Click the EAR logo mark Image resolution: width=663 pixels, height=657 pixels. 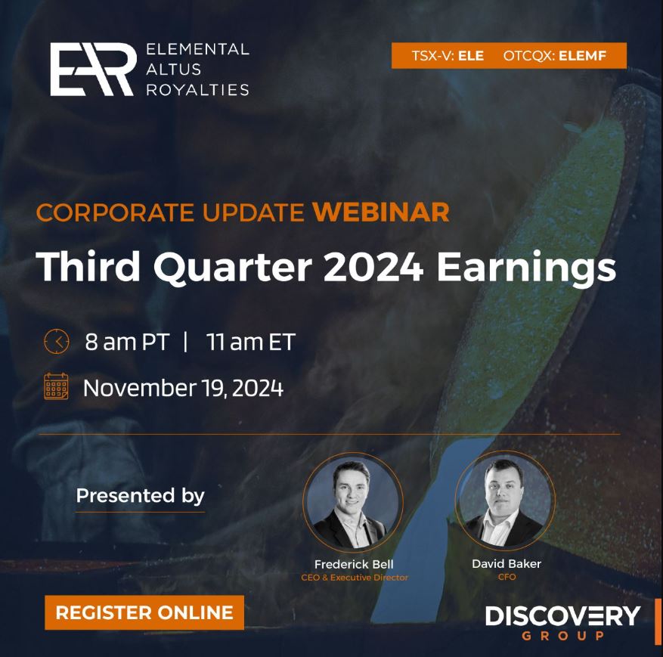[94, 70]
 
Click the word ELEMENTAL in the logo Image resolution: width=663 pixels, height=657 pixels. [197, 49]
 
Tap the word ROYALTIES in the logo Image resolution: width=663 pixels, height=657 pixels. [197, 90]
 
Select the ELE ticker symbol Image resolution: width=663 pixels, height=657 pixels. [471, 55]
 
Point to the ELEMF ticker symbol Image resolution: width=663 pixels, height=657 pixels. [582, 55]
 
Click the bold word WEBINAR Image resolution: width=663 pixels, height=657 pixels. [380, 212]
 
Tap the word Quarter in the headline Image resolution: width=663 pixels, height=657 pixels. [233, 268]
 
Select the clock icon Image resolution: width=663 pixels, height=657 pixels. [56, 341]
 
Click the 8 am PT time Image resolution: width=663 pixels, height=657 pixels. [127, 342]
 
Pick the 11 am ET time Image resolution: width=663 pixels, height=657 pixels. [251, 342]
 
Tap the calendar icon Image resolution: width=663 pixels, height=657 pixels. [56, 386]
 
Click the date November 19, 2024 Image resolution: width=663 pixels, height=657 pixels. [183, 388]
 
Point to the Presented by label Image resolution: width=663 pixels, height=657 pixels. [140, 496]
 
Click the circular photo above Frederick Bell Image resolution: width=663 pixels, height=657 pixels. [352, 503]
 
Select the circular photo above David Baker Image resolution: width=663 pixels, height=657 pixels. [505, 501]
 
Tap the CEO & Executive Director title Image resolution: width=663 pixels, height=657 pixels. [355, 578]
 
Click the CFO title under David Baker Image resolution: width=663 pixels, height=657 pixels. [507, 577]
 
